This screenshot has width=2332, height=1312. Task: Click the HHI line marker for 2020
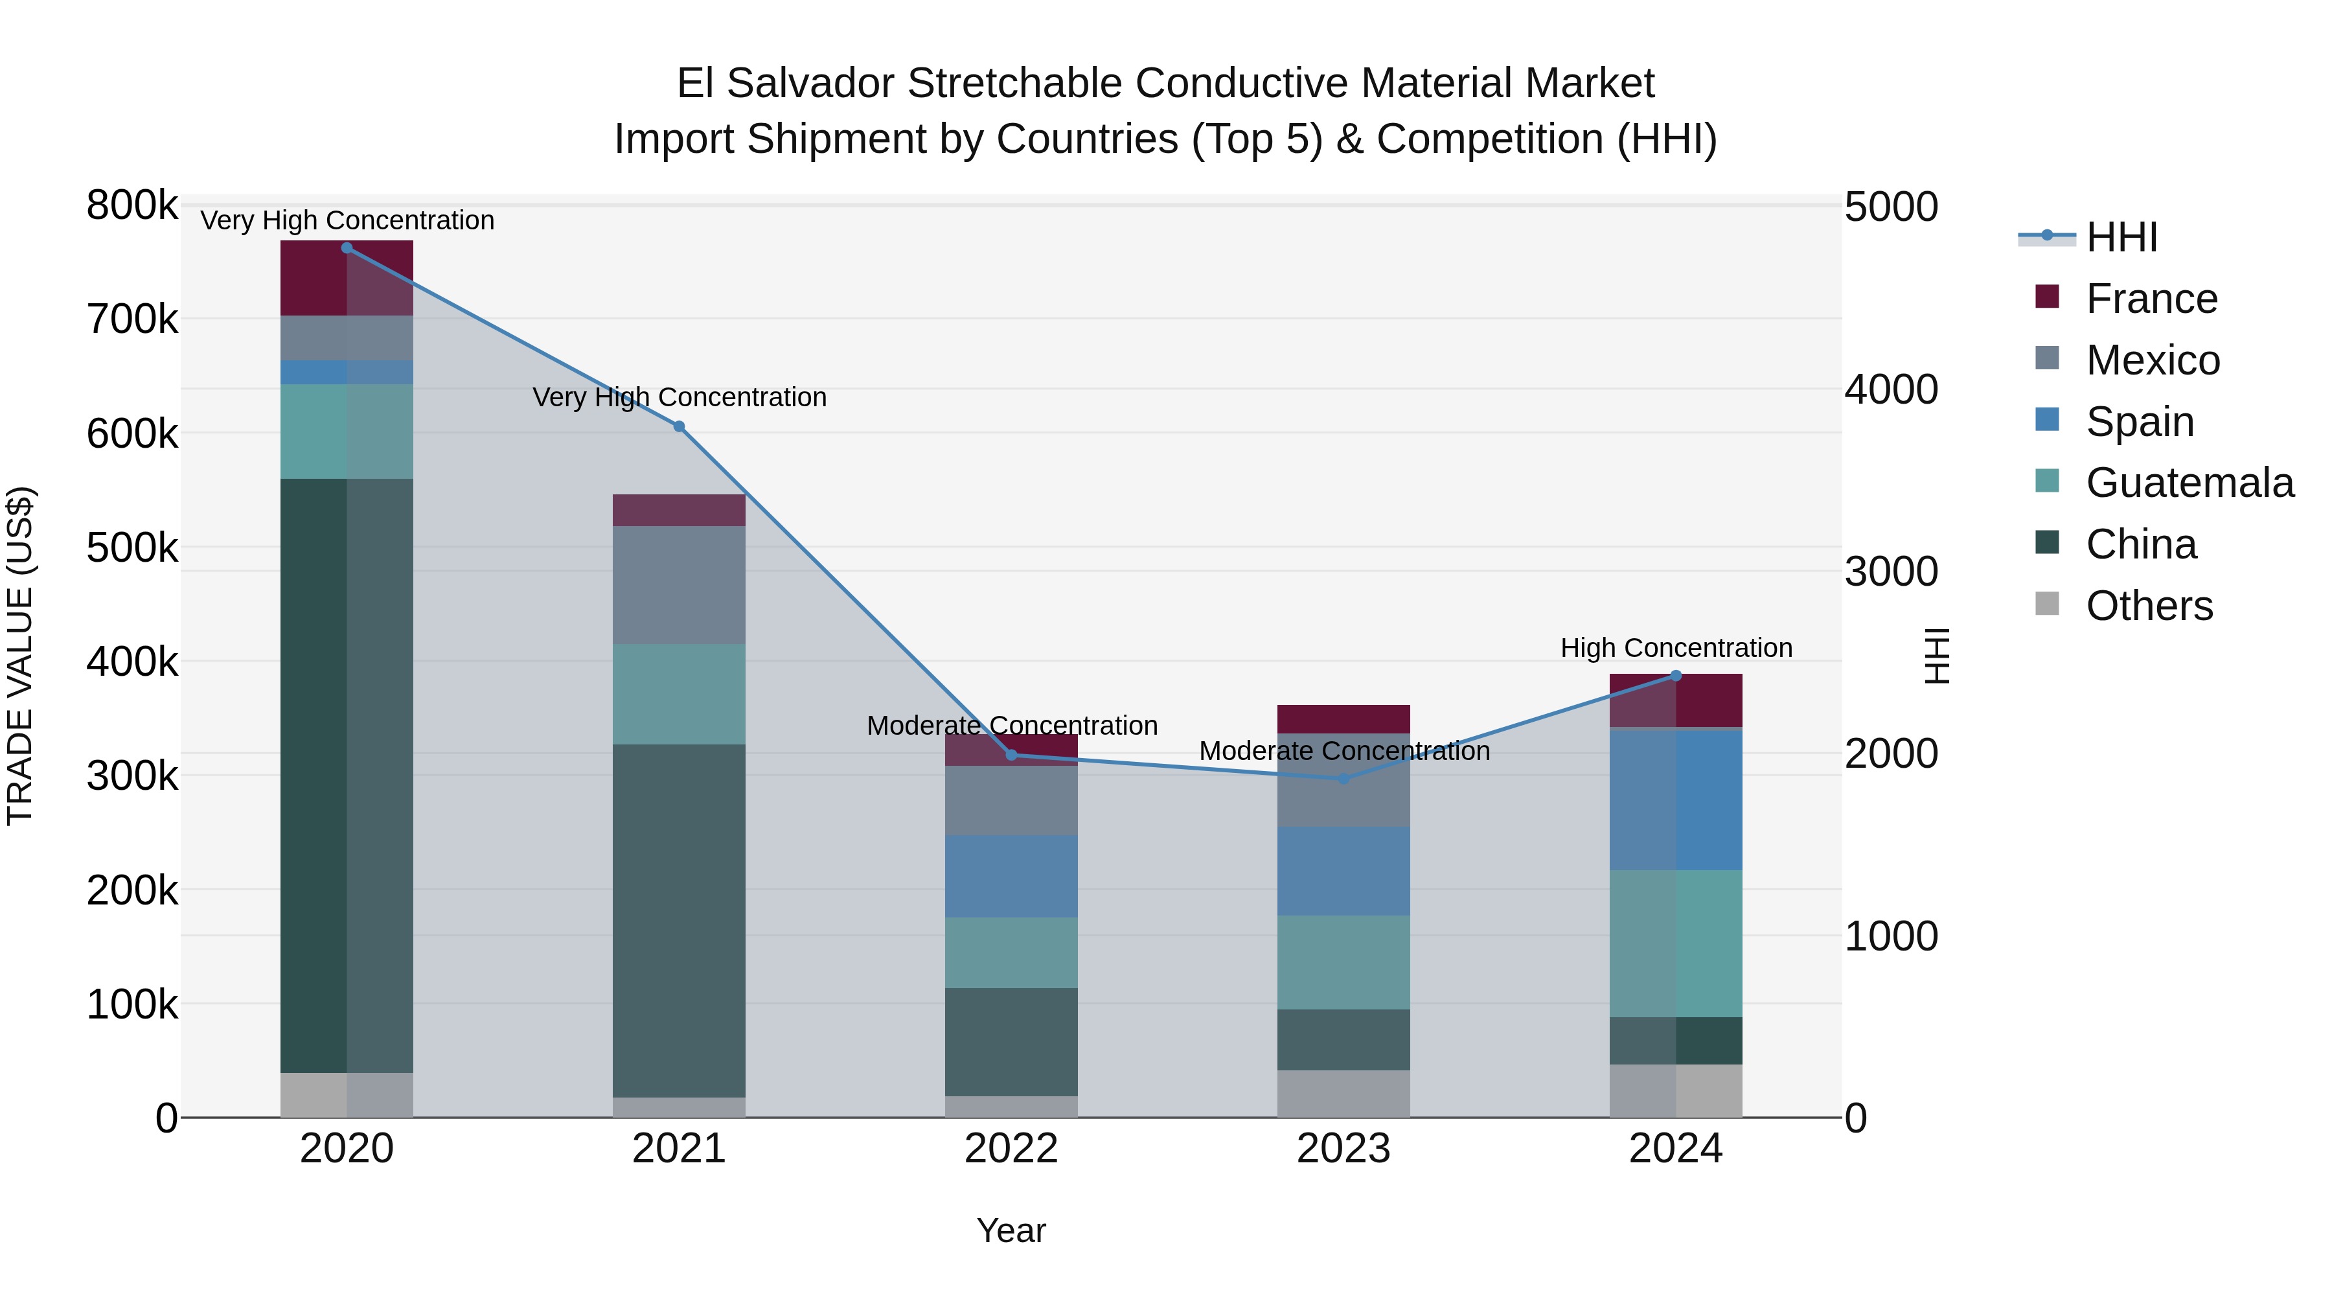[347, 248]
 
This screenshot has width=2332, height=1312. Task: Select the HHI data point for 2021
[679, 426]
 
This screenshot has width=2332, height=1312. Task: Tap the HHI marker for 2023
[1343, 779]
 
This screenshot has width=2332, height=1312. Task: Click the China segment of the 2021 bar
[679, 920]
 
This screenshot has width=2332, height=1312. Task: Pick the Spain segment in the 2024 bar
[1676, 800]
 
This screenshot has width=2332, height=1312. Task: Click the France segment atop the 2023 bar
[1343, 719]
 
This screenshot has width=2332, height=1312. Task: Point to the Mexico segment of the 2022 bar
[1011, 800]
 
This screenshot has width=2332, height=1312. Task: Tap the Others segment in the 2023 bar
[1343, 1094]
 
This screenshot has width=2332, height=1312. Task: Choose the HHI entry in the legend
[2121, 237]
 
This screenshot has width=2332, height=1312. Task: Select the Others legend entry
[2148, 606]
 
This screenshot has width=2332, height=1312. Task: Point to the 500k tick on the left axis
[132, 547]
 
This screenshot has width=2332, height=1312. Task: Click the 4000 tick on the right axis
[1890, 389]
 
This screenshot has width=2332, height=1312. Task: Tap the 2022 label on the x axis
[1011, 1149]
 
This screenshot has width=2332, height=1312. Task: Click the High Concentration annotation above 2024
[1676, 649]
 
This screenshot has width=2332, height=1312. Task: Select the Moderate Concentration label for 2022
[1011, 726]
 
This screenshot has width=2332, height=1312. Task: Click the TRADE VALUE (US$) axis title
[20, 656]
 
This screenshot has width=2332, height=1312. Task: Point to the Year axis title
[1011, 1230]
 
